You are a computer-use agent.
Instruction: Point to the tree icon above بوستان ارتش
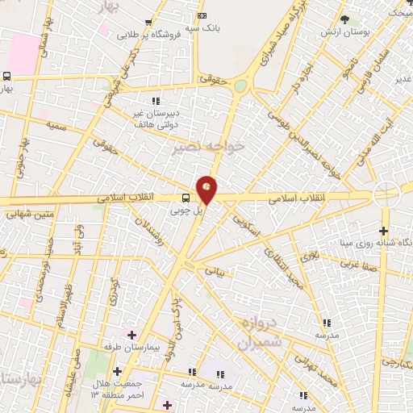[x=344, y=19]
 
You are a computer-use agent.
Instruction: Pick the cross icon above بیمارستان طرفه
[x=131, y=334]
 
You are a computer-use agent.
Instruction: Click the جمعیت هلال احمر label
[x=121, y=390]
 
